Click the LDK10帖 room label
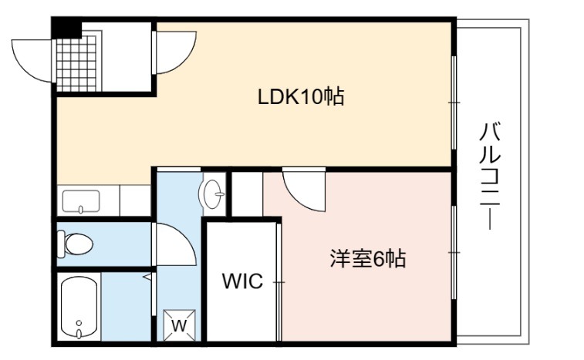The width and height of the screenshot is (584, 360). [301, 97]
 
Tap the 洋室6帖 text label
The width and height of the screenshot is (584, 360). [368, 259]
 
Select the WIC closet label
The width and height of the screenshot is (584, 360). [242, 281]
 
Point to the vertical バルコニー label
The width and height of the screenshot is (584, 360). [490, 175]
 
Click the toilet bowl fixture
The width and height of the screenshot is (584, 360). [75, 244]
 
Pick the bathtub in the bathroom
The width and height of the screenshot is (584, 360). [79, 307]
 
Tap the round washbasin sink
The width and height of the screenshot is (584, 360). [212, 193]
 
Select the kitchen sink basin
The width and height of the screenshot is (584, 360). [81, 201]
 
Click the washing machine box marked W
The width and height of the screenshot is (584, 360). [179, 325]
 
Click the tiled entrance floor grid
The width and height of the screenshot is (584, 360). [76, 63]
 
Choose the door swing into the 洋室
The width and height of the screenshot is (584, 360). [304, 190]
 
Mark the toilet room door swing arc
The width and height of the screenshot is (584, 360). [174, 244]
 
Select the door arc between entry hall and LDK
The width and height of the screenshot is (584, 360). [174, 52]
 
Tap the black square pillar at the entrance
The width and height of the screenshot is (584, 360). [66, 28]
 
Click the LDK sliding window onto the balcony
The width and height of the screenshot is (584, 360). [454, 103]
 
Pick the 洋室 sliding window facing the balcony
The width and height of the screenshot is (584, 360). [454, 252]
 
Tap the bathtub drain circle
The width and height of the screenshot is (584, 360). [79, 323]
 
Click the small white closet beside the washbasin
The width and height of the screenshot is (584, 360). [247, 193]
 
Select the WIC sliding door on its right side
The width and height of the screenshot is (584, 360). [278, 282]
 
